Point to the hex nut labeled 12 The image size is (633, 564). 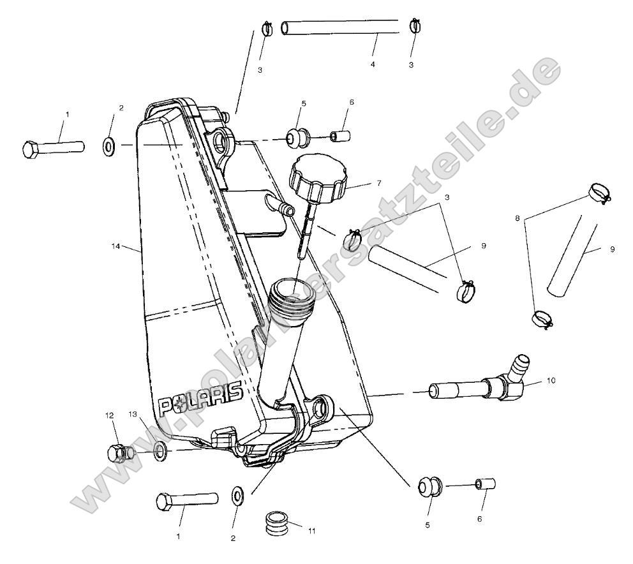click(117, 452)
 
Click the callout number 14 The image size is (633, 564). click(115, 245)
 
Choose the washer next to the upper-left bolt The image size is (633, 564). click(108, 147)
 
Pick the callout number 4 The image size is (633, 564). click(373, 64)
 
